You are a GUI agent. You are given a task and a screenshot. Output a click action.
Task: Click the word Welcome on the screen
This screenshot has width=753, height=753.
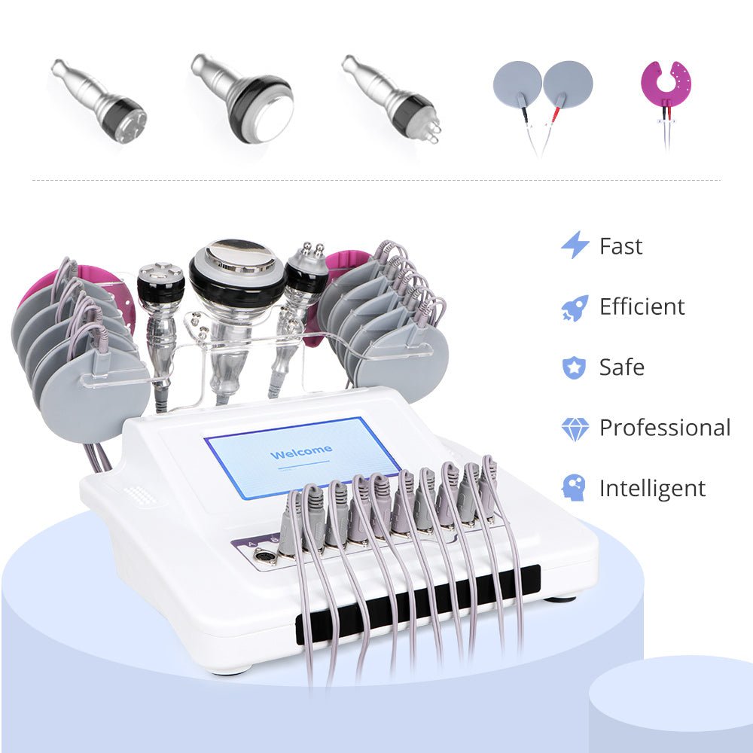pos(300,453)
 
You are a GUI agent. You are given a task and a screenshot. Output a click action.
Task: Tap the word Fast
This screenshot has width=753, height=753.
pos(620,246)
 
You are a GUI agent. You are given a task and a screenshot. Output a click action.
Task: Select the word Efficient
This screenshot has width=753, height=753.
pos(642,306)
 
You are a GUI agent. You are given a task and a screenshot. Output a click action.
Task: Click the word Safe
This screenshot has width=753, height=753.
pos(622,367)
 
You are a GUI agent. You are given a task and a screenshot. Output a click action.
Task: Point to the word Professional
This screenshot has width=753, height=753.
pos(664,428)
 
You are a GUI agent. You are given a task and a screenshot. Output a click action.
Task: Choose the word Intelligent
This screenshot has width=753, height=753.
pos(652,488)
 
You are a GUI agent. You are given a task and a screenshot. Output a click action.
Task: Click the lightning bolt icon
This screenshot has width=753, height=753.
pos(575,245)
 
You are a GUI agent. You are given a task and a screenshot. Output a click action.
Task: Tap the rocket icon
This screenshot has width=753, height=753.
pos(575,307)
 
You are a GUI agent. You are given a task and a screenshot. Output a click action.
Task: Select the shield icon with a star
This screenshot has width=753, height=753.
pos(574,367)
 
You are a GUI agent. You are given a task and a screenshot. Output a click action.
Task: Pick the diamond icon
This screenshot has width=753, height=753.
pos(575,428)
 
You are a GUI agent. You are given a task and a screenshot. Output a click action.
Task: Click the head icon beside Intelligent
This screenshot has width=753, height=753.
pos(575,488)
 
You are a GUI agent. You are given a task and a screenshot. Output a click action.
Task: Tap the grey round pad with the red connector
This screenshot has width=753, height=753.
pos(568,84)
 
